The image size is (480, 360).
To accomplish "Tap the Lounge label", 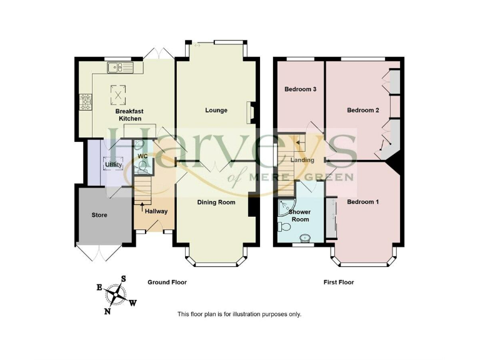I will coord(216,111).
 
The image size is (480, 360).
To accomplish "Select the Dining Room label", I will coord(216,202).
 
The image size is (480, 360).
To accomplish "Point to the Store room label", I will coord(99,215).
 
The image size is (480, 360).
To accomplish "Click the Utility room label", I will coord(113,165).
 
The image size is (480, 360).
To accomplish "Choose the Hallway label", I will coord(156,211).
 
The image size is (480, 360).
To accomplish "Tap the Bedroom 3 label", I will coord(301,89).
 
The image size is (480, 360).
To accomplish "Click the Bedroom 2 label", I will coord(363,111).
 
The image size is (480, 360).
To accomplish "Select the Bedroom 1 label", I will coord(363,202).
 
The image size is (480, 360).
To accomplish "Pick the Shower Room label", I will coord(301,216).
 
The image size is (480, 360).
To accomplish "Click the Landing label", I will coord(303,160).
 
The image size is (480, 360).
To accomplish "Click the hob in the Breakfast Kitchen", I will coord(84,102).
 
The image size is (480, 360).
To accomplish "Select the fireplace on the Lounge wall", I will coord(251,112).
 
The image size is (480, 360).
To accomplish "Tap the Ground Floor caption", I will coord(167,282).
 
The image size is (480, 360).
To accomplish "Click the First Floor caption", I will coord(339,282).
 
